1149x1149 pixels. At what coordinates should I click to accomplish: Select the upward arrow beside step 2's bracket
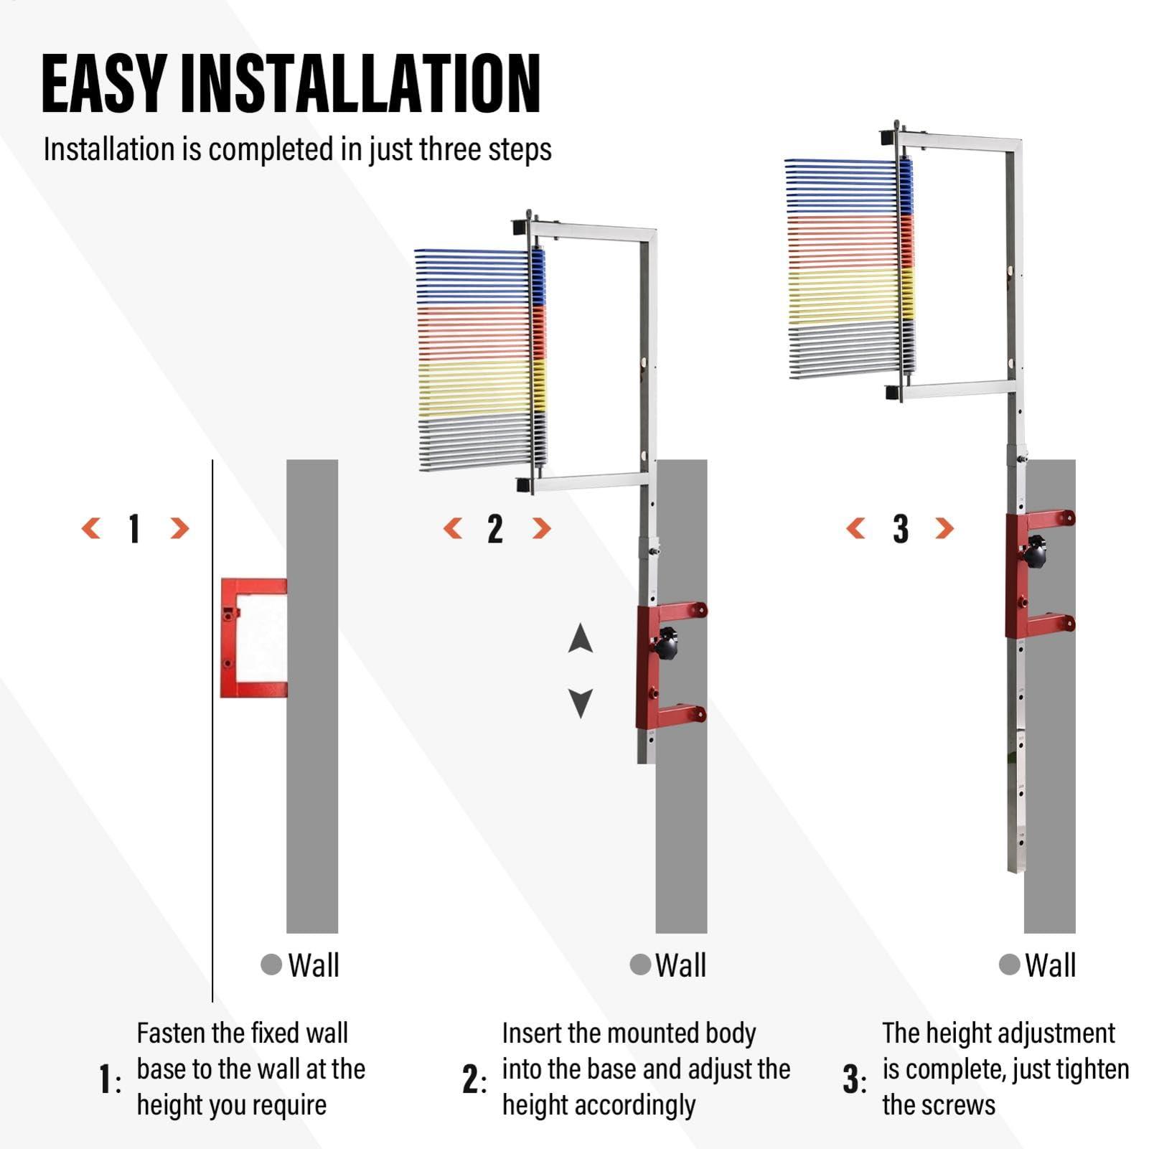[x=580, y=638]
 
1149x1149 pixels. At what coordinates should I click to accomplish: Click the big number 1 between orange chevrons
[x=134, y=529]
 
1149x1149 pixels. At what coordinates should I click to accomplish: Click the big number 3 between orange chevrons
[x=901, y=529]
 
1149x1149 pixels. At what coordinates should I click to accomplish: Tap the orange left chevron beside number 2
[x=453, y=529]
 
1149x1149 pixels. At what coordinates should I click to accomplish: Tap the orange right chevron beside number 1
[x=179, y=529]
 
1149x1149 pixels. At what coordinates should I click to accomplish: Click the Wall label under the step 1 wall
[x=313, y=965]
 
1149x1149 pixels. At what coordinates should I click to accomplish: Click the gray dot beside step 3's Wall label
[x=1009, y=965]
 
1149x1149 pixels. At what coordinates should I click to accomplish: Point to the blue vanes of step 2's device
[x=474, y=276]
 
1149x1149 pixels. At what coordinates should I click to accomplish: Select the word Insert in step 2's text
[x=532, y=1033]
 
